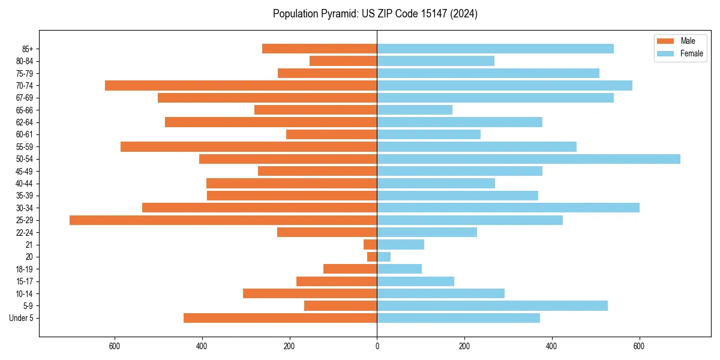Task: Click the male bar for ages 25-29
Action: (223, 220)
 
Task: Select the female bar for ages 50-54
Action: (529, 159)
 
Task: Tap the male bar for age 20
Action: (372, 257)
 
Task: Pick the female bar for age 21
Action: (400, 245)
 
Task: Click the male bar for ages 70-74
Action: (241, 86)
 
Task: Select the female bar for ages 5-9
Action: (492, 306)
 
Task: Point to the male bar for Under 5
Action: (280, 318)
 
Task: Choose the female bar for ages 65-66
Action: (415, 110)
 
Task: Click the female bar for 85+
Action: (495, 49)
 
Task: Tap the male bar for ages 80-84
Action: (343, 61)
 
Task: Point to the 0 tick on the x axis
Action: (377, 346)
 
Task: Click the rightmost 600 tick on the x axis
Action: (639, 346)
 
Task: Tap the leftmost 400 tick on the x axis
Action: (202, 346)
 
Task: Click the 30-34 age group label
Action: (25, 208)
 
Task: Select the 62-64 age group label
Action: (25, 122)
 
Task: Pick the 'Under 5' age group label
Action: (22, 318)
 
